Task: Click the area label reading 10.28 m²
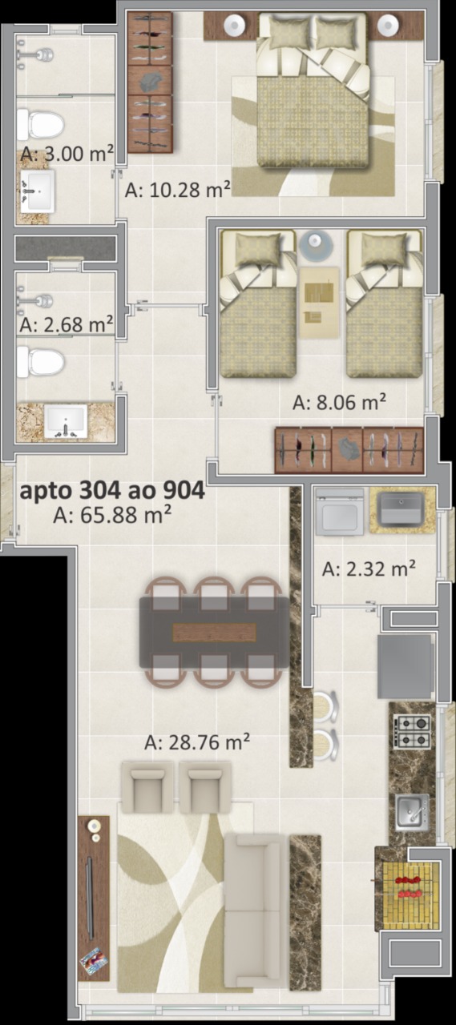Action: pos(177,189)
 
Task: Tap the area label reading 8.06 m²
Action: pos(339,402)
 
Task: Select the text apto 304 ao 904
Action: pos(112,491)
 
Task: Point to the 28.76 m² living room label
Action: pos(197,742)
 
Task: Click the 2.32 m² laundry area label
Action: pos(369,569)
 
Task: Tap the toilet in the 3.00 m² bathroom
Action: pos(40,124)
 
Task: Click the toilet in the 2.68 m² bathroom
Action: pos(40,361)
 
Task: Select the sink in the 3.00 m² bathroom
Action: pos(38,191)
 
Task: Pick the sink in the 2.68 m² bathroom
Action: pos(67,421)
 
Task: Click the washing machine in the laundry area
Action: pos(340,512)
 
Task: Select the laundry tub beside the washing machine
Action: pos(402,510)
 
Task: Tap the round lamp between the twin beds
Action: pos(317,245)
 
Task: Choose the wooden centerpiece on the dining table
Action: pos(214,633)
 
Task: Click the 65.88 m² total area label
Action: pos(112,515)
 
